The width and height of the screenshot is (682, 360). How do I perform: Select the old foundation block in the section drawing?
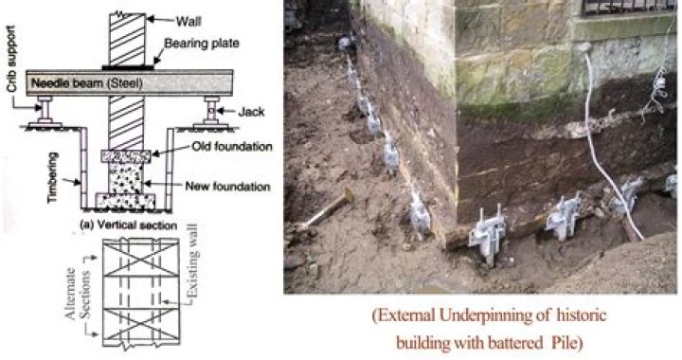[x=128, y=155]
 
